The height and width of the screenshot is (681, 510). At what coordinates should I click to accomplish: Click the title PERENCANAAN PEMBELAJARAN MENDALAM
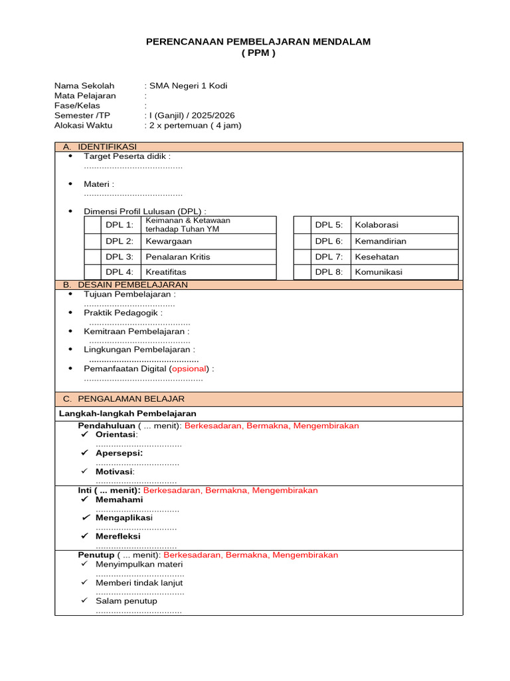coord(258,42)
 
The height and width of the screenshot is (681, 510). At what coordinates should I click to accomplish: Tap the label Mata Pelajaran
coord(85,96)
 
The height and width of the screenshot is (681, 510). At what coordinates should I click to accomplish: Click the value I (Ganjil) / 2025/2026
coord(192,115)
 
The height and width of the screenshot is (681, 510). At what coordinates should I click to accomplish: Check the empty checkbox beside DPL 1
coord(92,225)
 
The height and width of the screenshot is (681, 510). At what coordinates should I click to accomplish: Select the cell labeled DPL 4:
coord(120,272)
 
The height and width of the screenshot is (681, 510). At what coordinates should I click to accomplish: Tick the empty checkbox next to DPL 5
coord(302,225)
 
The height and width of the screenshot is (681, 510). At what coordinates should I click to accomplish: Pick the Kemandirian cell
coord(381,241)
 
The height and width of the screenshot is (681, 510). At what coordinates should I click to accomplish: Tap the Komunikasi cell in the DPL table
coord(379,272)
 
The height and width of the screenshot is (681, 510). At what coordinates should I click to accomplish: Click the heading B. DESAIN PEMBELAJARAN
coord(126,285)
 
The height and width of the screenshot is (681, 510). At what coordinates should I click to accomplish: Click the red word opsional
coord(189,368)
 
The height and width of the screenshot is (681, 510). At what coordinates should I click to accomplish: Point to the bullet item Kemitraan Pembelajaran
coord(136,331)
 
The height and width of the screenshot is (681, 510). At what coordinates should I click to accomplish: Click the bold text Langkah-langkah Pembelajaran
coord(123,414)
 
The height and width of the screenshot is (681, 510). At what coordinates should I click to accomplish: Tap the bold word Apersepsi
coord(119,453)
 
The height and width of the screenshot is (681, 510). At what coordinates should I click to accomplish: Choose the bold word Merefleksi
coord(118,536)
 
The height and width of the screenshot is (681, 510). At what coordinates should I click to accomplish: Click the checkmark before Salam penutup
coord(84,601)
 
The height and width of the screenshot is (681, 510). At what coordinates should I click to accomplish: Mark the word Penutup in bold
coord(96,555)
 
